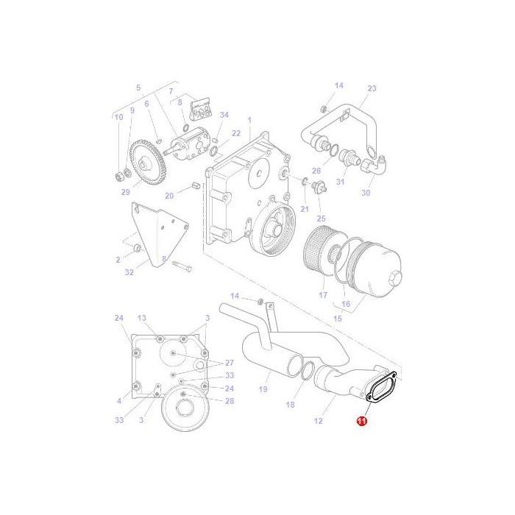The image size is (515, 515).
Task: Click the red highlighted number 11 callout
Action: [361, 421]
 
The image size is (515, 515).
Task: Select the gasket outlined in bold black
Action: [382, 388]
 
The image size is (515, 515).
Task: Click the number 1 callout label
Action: [249, 120]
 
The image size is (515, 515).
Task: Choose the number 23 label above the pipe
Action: [372, 88]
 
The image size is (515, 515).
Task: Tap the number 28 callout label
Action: [230, 401]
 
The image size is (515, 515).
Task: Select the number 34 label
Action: [224, 115]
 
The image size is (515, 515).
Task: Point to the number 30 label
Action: [366, 193]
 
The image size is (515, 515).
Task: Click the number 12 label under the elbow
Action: [319, 421]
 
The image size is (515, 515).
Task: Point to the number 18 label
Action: [290, 405]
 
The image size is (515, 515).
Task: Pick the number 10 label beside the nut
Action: [118, 117]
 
